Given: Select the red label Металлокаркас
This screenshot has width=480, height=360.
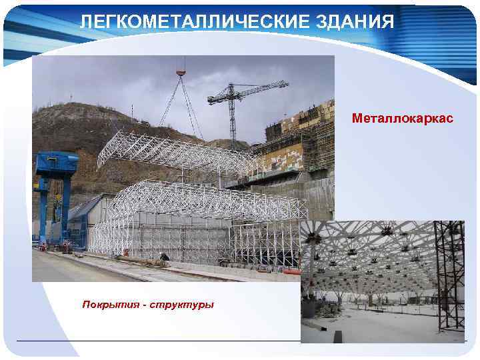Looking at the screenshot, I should pyautogui.click(x=403, y=118).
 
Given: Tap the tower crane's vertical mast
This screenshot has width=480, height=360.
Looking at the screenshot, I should pyautogui.click(x=232, y=123).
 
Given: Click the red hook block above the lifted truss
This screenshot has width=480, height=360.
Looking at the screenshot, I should pyautogui.click(x=180, y=71).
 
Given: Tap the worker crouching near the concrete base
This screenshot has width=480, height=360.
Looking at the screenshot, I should pyautogui.click(x=163, y=257).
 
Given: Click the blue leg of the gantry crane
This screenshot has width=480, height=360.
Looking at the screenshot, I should pyautogui.click(x=43, y=213).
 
